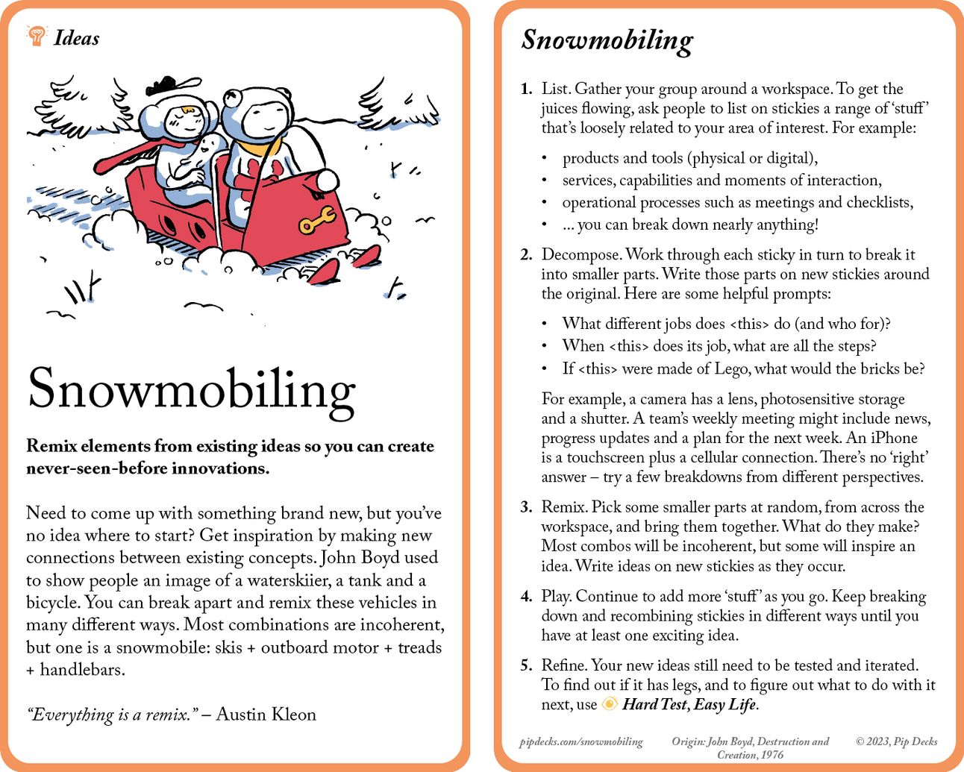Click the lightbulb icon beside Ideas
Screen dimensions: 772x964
(x=36, y=35)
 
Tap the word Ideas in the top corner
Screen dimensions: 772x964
(x=76, y=38)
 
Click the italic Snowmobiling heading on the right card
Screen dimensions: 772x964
(x=607, y=40)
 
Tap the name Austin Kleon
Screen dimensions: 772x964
(x=266, y=715)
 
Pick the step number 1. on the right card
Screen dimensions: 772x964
(x=526, y=89)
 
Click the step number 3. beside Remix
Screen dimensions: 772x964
(x=526, y=507)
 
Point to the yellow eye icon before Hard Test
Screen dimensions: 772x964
(x=610, y=704)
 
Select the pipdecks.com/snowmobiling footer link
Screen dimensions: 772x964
(x=581, y=741)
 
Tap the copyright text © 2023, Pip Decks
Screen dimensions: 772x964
(x=896, y=741)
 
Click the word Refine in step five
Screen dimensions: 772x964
(x=564, y=665)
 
